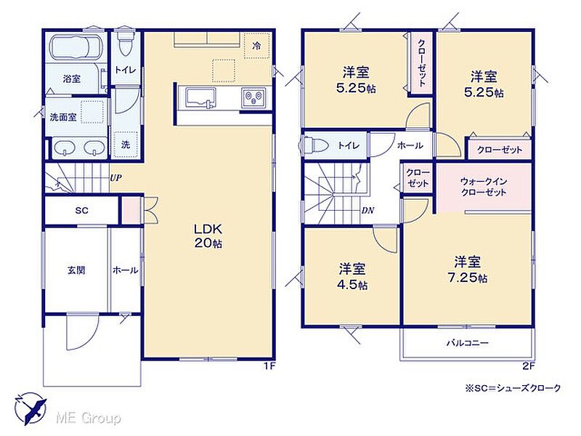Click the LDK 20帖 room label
[208, 235]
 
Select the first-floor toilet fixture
[124, 43]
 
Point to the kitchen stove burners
[253, 97]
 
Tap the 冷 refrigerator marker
[256, 46]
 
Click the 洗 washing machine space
[126, 144]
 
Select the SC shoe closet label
[81, 211]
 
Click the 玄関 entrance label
[76, 270]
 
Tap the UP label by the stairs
[115, 178]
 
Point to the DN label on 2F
[367, 211]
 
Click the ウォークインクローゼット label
[484, 187]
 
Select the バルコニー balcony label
[467, 343]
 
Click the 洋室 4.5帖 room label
[352, 276]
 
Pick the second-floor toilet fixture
[315, 145]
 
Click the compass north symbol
[31, 408]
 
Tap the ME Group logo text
[88, 419]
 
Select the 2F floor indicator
[529, 367]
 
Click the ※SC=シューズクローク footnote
[513, 388]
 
